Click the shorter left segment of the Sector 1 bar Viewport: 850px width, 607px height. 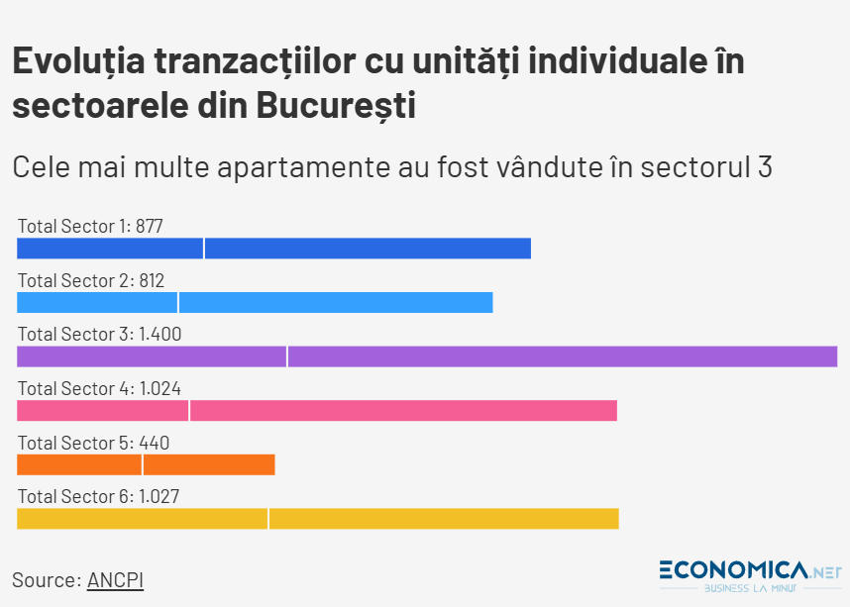coord(110,249)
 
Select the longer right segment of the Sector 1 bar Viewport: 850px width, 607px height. coord(368,249)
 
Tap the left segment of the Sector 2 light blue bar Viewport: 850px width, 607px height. coord(97,302)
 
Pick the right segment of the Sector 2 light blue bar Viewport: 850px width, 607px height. coord(336,302)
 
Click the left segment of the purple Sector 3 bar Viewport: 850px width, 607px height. coord(152,356)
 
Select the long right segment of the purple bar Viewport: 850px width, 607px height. coord(563,356)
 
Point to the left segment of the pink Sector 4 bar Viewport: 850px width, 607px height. coord(103,410)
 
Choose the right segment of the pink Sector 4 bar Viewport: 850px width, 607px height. coord(403,410)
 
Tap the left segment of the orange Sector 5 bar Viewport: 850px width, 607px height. coord(79,464)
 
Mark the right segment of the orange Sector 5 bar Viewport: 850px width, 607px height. coord(209,464)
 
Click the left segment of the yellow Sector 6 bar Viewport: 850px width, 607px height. coord(142,518)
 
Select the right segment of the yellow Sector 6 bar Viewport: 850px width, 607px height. coord(444,518)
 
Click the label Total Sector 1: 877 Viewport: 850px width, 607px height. coord(90,226)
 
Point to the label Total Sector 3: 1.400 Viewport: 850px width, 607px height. coord(99,334)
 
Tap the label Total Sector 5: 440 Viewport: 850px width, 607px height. coord(93,443)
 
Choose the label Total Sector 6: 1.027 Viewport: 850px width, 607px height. coord(98,496)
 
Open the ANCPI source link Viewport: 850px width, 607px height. coord(115,580)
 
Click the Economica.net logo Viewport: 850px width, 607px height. coord(751,575)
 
